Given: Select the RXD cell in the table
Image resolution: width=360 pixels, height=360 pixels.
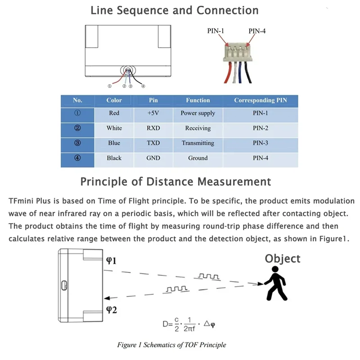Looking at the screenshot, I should (153, 128).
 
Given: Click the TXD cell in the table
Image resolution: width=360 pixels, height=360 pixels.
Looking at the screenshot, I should (153, 143).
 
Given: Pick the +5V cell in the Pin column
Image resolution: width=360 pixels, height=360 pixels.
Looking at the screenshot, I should (153, 113).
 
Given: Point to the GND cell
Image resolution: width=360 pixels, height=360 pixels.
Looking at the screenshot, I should (153, 158).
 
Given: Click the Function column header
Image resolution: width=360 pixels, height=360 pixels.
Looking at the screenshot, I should (198, 100).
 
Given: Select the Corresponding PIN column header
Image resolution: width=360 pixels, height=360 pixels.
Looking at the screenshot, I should (260, 100).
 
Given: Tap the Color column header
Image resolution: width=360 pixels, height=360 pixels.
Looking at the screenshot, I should (114, 100).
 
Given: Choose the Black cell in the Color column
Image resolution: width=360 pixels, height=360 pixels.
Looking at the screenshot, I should (114, 158).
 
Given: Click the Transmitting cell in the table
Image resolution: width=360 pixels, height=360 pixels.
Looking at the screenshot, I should (198, 143).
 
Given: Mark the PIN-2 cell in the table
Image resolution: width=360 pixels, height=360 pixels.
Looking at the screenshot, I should (260, 128).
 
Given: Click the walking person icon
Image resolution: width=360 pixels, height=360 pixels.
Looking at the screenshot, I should (276, 283).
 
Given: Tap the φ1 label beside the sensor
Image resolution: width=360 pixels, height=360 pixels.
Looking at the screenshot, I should (111, 261).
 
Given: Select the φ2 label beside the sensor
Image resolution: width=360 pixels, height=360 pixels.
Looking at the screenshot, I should (111, 309).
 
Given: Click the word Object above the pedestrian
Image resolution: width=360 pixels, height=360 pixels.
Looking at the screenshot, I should (282, 258).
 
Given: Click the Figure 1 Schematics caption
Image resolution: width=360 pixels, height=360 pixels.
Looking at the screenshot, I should (171, 345).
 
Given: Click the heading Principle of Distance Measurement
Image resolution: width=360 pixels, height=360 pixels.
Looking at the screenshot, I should (175, 181).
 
